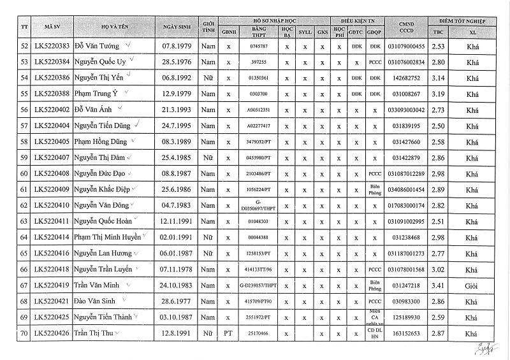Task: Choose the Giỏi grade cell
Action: [472, 285]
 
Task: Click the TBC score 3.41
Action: [437, 285]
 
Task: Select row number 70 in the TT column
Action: [24, 333]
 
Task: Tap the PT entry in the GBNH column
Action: [228, 333]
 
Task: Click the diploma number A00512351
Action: [259, 110]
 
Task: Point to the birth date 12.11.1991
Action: [178, 221]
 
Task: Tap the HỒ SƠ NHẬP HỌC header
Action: [274, 21]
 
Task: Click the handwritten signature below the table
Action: [483, 349]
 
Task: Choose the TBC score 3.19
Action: [437, 94]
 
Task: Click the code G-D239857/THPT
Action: [259, 285]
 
